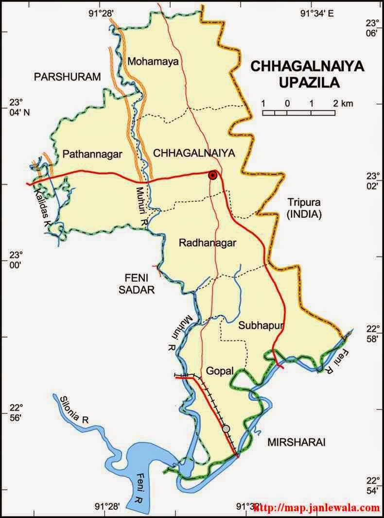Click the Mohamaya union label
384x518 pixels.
pos(153,61)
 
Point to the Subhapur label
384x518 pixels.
pos(261,326)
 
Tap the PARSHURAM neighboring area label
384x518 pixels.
pos(67,76)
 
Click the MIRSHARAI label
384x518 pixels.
pos(296,442)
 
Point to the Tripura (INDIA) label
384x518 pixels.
pos(304,208)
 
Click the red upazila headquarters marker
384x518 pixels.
pos(212,175)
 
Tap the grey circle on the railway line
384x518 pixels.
pos(226,429)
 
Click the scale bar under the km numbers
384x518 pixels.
pos(299,113)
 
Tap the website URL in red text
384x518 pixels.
pos(316,508)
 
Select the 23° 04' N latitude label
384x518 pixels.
pos(18,107)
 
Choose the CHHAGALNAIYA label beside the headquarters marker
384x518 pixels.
pos(194,154)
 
